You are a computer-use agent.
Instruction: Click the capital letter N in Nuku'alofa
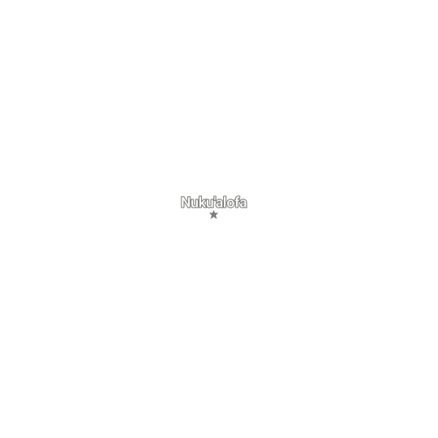186,202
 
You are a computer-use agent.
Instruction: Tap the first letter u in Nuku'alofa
195,204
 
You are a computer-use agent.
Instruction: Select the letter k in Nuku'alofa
203,202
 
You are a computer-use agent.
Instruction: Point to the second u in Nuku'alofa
210,204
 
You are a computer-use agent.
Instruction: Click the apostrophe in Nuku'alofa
215,199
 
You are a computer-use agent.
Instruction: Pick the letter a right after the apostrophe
220,204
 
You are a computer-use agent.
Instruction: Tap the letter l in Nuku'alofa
226,202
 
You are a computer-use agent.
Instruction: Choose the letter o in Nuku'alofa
231,204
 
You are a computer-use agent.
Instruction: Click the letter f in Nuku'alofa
238,202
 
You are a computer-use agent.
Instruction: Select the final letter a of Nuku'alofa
244,204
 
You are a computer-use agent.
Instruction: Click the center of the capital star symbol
213,215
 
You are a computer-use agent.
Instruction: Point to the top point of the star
213,211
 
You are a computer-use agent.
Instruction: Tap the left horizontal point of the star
209,213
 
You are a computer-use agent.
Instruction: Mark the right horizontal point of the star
218,213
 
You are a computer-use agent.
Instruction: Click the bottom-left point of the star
211,219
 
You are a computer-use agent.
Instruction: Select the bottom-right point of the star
217,219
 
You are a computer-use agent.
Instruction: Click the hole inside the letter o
231,204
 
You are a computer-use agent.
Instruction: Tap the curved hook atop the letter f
239,197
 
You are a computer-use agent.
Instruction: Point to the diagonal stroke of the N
186,202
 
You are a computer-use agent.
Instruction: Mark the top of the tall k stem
201,197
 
